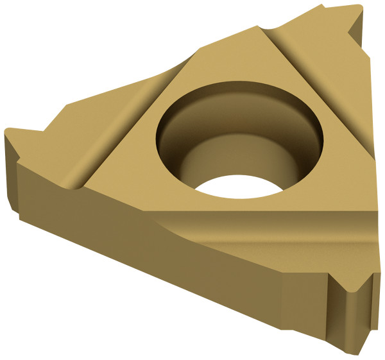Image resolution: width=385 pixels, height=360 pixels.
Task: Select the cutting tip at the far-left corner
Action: pyautogui.click(x=8, y=133)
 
